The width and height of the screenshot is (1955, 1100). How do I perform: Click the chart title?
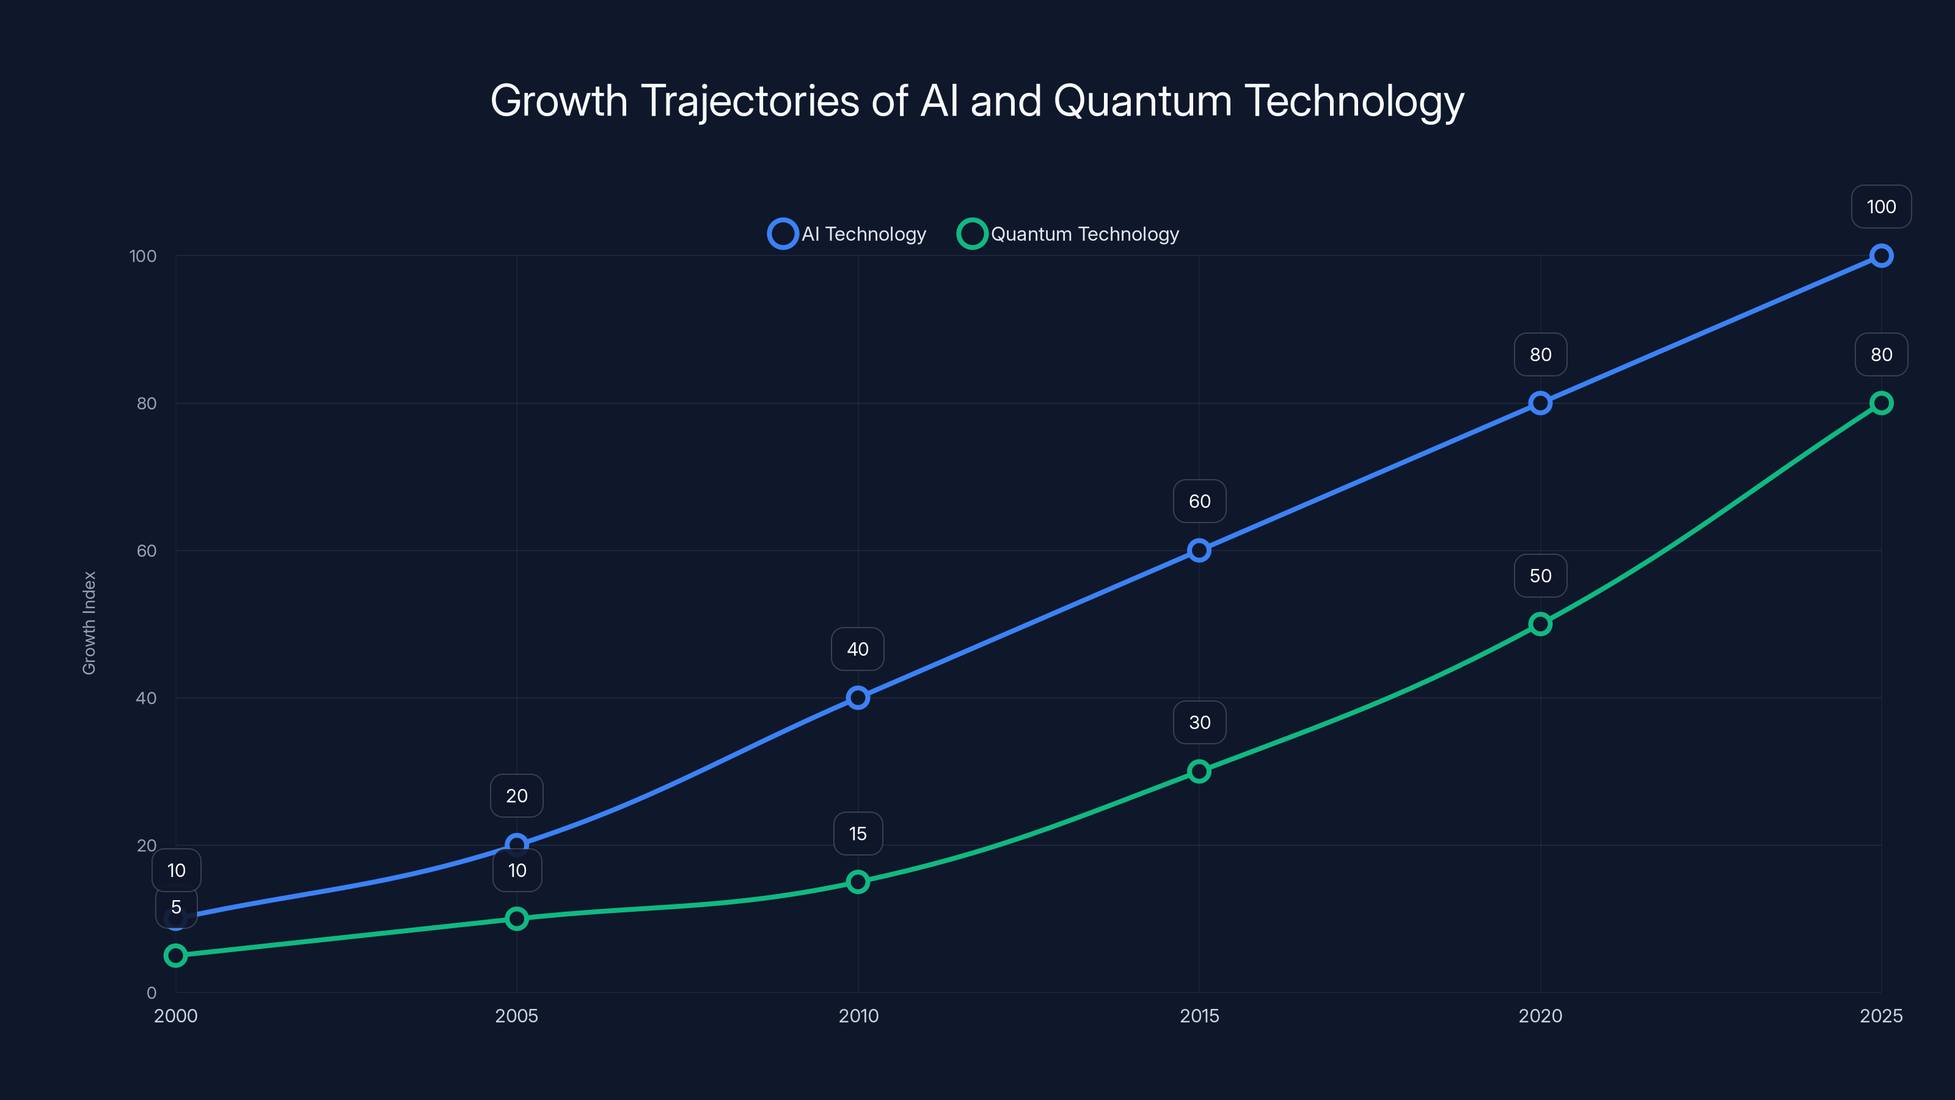977,101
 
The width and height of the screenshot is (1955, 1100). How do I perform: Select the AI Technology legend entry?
848,234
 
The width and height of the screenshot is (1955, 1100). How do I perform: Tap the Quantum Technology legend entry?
1069,234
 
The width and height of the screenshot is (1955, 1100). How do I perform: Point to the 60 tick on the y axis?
147,551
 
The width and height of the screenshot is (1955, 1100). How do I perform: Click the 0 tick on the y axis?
151,993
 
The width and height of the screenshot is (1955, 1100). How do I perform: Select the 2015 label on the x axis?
1199,1016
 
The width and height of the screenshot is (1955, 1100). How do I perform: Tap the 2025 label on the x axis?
1880,1016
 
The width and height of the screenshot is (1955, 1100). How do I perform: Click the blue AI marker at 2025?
1880,256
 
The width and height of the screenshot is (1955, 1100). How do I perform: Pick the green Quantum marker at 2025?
1880,403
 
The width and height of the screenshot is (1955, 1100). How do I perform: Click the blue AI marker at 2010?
858,698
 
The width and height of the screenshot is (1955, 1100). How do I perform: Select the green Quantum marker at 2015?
1199,771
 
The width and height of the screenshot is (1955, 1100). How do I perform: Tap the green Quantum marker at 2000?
175,955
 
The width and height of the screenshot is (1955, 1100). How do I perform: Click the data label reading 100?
1880,207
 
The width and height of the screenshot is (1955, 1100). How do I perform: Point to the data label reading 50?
1540,576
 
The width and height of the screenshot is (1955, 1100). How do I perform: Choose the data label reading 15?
858,834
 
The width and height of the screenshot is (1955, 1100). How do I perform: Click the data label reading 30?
1199,722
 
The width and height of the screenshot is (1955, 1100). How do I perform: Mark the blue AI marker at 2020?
1540,403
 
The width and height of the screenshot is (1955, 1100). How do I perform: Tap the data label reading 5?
176,907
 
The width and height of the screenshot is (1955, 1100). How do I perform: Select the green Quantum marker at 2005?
517,919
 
